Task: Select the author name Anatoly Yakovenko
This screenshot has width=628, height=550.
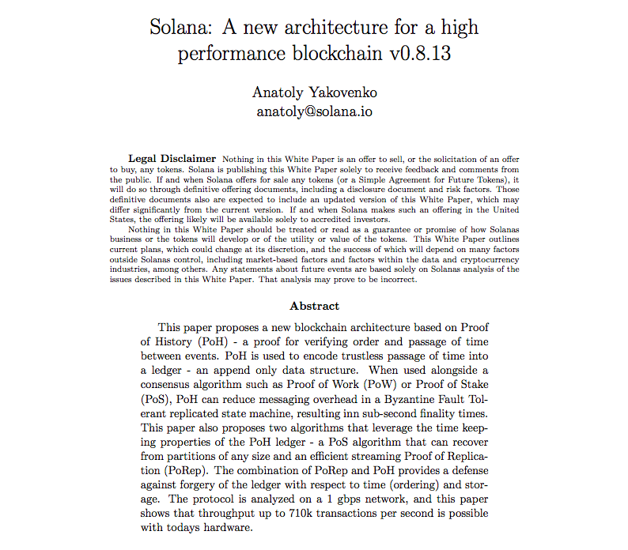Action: point(313,92)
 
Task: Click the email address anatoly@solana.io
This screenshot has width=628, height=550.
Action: point(314,111)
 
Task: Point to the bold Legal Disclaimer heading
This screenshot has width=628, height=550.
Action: point(172,158)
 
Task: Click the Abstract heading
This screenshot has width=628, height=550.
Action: point(314,306)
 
